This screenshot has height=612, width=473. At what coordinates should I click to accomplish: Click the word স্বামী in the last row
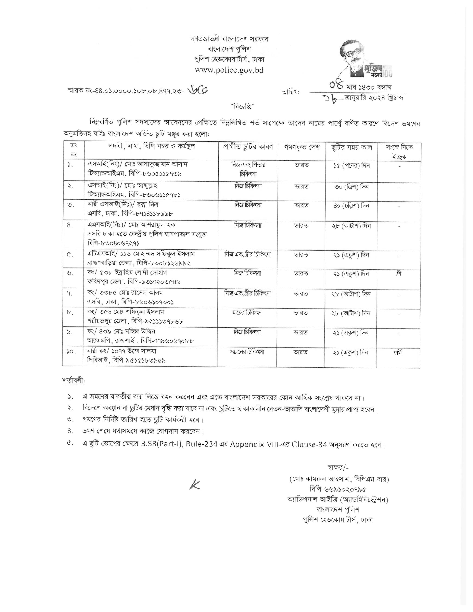click(x=398, y=353)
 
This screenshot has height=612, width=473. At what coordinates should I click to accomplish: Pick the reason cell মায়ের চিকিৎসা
click(x=247, y=312)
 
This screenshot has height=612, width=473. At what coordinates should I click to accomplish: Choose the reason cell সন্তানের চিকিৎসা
click(x=247, y=352)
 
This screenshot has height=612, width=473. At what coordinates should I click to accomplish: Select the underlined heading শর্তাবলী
click(x=74, y=381)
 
